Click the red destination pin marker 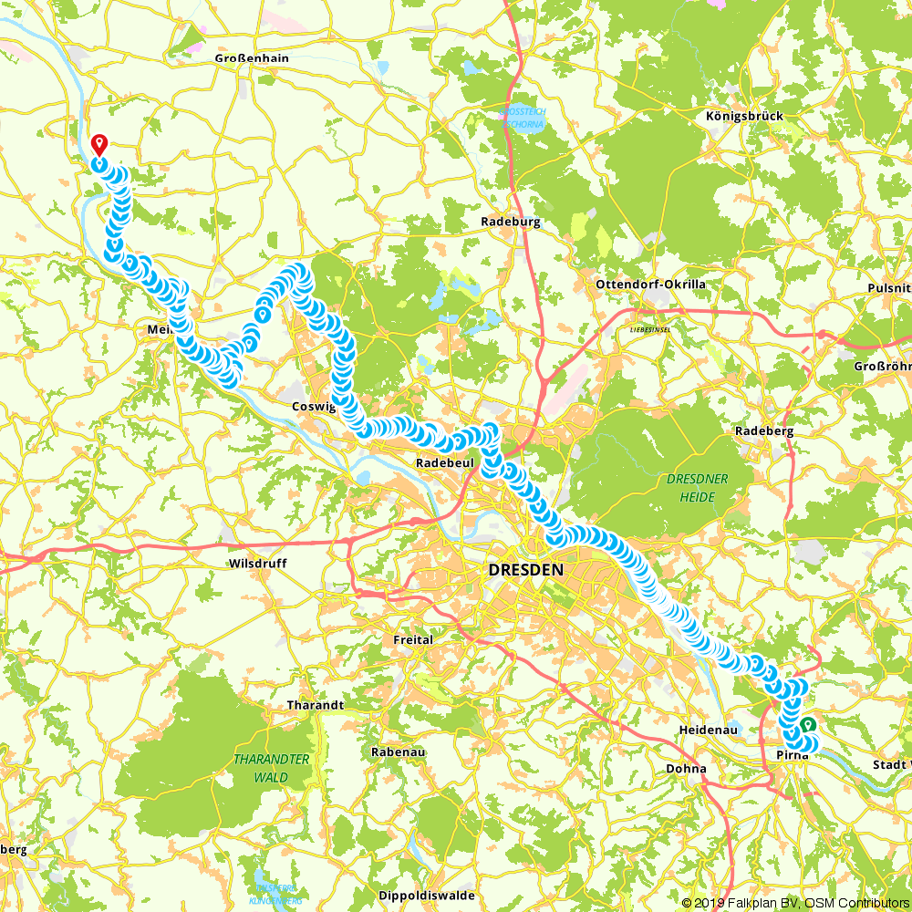tap(100, 145)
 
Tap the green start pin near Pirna tap(808, 726)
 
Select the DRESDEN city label tap(525, 570)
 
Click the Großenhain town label tap(252, 58)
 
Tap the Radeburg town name tap(511, 222)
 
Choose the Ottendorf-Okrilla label tap(650, 285)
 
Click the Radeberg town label tap(763, 430)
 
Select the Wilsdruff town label tap(258, 564)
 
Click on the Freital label tap(412, 640)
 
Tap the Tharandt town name tap(316, 706)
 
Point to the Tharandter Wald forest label tap(273, 768)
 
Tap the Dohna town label tap(686, 768)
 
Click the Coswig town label tap(314, 408)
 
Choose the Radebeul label tap(444, 463)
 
